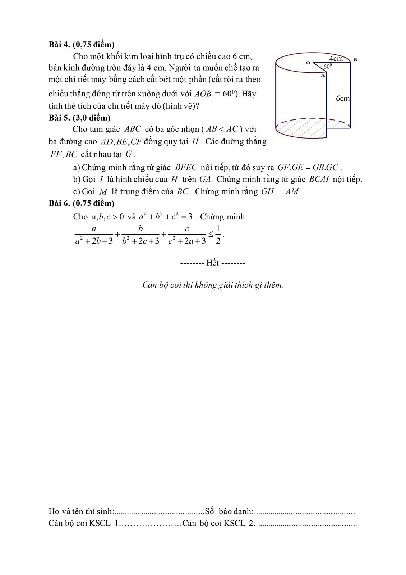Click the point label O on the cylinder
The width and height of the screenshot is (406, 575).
coord(308,62)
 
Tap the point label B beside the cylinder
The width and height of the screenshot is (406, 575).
coord(355,60)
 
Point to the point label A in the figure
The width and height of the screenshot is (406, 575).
coord(323,76)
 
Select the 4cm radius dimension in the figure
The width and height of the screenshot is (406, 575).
coord(336,58)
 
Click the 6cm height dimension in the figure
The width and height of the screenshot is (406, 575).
coord(343,98)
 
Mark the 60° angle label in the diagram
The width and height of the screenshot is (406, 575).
coord(327,66)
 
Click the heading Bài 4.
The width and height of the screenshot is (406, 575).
coord(60,45)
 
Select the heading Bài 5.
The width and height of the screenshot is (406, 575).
coord(60,118)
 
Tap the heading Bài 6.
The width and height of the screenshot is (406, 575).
coord(60,203)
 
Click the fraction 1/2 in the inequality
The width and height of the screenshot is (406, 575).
coord(218,235)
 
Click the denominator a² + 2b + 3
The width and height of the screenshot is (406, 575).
coord(94,241)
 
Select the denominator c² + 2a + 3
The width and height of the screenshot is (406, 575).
coord(187,241)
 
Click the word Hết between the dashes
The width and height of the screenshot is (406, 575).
coord(212,263)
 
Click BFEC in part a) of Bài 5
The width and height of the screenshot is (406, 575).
coord(186,167)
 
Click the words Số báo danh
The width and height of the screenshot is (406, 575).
coord(229,511)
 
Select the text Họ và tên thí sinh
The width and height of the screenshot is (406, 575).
coord(81,511)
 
